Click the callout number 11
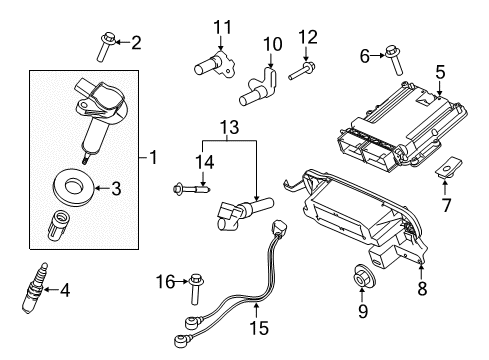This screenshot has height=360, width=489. tap(222, 27)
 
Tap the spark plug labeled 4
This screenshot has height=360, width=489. tap(34, 288)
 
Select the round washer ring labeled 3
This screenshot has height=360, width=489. tap(74, 188)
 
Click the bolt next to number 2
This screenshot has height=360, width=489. tap(105, 47)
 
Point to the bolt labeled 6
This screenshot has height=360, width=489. tap(394, 61)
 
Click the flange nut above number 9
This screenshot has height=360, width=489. tap(363, 275)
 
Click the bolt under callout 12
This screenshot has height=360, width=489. tap(301, 71)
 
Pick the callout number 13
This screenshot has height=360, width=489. tap(230, 127)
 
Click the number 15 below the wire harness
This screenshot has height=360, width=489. tap(259, 327)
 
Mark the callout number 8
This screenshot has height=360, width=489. tap(422, 288)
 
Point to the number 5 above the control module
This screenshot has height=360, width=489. tap(440, 72)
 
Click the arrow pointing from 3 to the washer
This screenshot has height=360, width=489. tap(102, 188)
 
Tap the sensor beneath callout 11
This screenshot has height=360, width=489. tap(214, 64)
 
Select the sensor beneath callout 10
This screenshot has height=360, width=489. tap(259, 87)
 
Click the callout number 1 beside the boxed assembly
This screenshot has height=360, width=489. tap(153, 157)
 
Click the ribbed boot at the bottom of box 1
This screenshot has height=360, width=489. tap(60, 224)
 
